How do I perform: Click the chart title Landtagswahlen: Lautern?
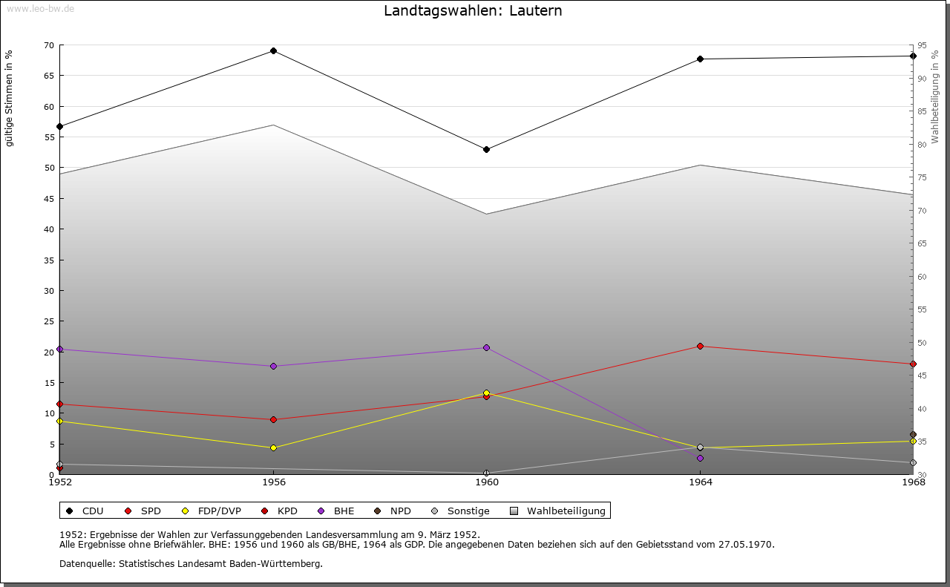point(473,11)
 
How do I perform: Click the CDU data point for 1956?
point(273,51)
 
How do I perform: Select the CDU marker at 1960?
point(486,149)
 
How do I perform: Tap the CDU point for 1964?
point(700,59)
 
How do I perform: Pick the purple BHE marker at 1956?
point(273,366)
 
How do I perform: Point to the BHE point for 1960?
point(486,347)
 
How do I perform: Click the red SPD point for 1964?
point(700,347)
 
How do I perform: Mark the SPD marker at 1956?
point(273,419)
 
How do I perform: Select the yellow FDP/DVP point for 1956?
point(273,447)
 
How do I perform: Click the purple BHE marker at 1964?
point(700,458)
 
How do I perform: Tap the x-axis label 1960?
point(486,482)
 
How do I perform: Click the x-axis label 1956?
point(273,482)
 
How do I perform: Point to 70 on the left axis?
point(49,45)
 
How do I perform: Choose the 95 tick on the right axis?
point(921,45)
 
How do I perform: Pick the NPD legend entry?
point(400,511)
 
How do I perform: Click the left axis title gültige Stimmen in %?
point(10,98)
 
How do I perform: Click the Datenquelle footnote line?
point(191,563)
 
